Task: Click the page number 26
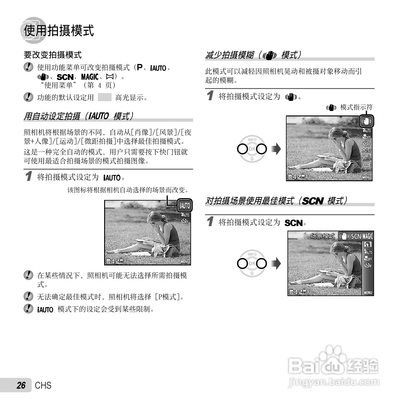point(21,385)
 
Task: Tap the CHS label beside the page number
point(43,385)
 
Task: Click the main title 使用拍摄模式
point(59,31)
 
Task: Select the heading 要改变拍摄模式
point(53,55)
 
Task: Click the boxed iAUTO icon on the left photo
point(184,205)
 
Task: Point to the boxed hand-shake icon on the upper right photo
point(366,121)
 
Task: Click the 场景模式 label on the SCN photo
point(323,236)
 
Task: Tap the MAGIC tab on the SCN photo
point(368,236)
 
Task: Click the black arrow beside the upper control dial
point(277,149)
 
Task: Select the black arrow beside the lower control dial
point(277,263)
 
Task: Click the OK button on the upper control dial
point(252,149)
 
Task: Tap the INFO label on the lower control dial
point(252,254)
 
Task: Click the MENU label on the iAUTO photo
point(185,262)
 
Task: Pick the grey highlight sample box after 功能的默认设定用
point(104,97)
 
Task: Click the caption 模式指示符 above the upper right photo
point(356,107)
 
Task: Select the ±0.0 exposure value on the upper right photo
point(367,151)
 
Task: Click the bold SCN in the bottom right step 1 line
point(293,223)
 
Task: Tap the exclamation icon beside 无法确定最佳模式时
point(28,296)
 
